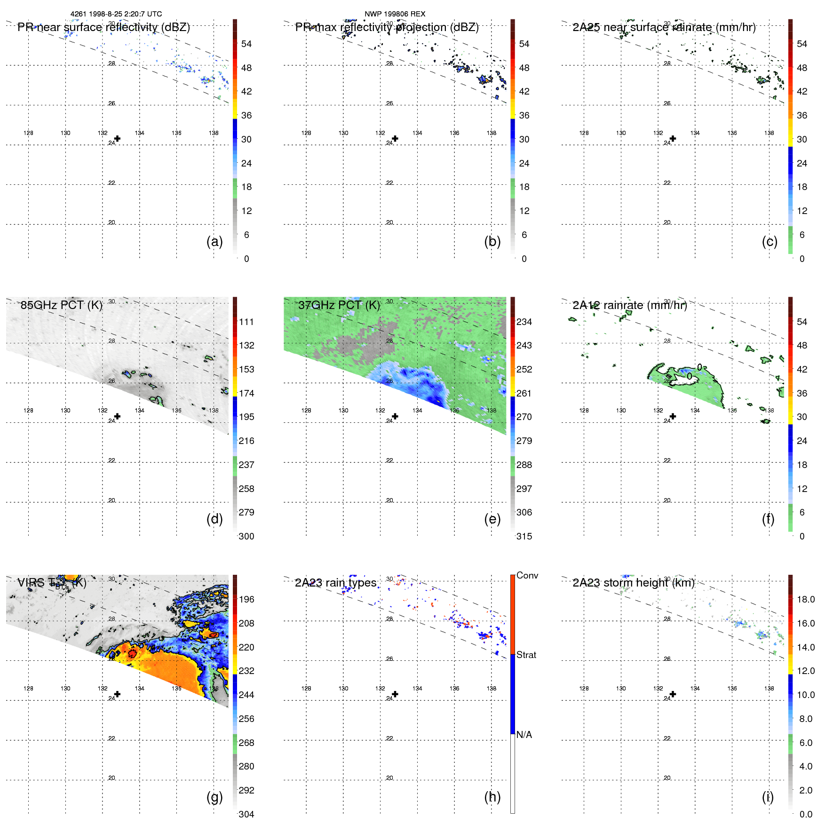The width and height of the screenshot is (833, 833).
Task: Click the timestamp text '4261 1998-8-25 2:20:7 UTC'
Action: [116, 14]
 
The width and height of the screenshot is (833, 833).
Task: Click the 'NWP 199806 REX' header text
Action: [395, 14]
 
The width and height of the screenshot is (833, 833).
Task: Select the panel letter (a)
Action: [214, 241]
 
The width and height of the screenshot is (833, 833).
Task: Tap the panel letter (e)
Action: [492, 519]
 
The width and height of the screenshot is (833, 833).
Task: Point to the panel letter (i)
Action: [768, 797]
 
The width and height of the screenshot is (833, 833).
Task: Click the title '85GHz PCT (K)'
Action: [61, 305]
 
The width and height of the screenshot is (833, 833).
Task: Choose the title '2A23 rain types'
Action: [335, 583]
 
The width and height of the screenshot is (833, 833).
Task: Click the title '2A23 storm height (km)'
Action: [633, 583]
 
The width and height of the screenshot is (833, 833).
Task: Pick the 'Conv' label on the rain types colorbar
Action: [527, 575]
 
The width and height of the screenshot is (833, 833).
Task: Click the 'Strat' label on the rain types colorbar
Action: [526, 655]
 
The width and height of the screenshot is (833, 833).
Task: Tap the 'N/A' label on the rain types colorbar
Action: [524, 735]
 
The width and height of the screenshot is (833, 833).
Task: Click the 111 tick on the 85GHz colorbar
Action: [246, 322]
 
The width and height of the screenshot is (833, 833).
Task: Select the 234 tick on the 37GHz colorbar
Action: [524, 322]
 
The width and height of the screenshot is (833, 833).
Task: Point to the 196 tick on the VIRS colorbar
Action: [246, 599]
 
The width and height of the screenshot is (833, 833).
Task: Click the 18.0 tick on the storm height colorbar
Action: [806, 599]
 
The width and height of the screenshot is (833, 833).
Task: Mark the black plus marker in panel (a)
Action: [117, 139]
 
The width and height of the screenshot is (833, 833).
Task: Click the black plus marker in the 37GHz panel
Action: [395, 416]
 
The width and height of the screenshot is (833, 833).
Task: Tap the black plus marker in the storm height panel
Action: [673, 694]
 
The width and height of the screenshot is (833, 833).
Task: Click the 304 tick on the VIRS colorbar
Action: [246, 814]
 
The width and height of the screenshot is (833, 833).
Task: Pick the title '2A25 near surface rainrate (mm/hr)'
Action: [664, 27]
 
